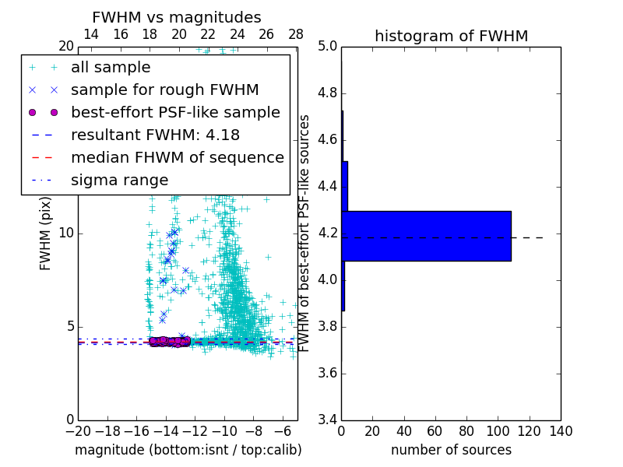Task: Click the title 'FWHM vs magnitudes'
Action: click(x=177, y=17)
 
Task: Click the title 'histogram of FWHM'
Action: click(x=451, y=36)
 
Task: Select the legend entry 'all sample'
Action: click(x=111, y=68)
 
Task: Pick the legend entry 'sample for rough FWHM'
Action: click(x=164, y=90)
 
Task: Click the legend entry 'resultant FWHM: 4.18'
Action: click(x=155, y=135)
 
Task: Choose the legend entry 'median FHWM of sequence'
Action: click(x=177, y=157)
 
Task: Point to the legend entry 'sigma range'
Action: click(x=119, y=180)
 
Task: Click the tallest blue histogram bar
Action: click(x=426, y=236)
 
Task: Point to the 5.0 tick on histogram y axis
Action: click(x=327, y=47)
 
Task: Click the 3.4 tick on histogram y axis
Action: click(x=327, y=420)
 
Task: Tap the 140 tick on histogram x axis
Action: click(x=561, y=431)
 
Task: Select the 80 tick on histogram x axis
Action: click(x=466, y=431)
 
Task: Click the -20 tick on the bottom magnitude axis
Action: click(x=78, y=431)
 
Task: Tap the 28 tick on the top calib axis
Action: click(x=296, y=34)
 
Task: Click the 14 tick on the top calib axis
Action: click(x=91, y=34)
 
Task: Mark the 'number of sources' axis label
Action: click(x=451, y=450)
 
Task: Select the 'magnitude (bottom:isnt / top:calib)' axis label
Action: click(x=188, y=450)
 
